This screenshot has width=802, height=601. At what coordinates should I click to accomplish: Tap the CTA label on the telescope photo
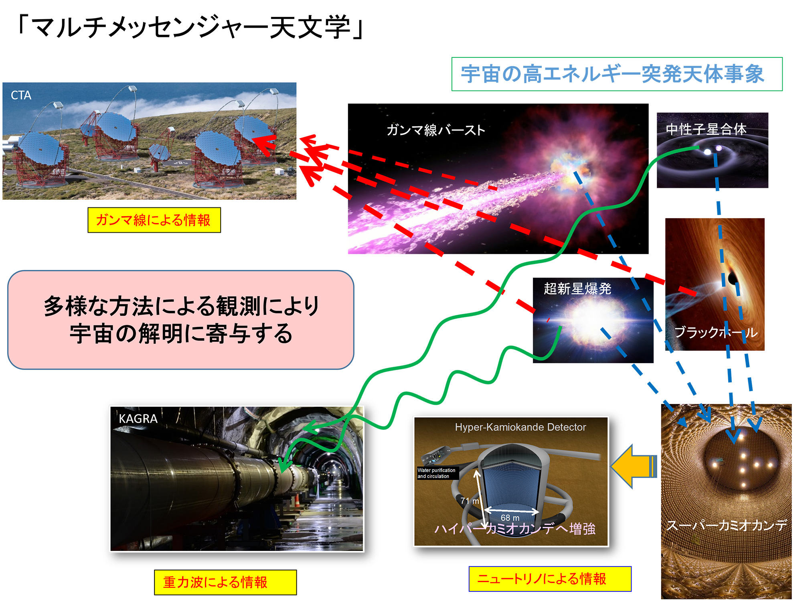pyautogui.click(x=21, y=95)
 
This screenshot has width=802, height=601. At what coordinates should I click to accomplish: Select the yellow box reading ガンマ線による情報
pyautogui.click(x=154, y=220)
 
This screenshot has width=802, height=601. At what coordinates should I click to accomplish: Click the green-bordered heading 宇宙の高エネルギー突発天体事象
pyautogui.click(x=617, y=74)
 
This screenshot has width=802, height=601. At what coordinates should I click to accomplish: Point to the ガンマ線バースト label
pyautogui.click(x=436, y=130)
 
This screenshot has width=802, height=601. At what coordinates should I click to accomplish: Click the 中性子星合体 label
pyautogui.click(x=706, y=129)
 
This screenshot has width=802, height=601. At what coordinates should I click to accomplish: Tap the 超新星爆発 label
pyautogui.click(x=577, y=288)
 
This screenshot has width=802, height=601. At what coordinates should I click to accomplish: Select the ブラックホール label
pyautogui.click(x=716, y=332)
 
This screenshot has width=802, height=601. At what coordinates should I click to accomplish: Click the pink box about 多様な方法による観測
pyautogui.click(x=181, y=320)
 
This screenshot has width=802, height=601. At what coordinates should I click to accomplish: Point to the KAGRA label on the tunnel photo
pyautogui.click(x=138, y=419)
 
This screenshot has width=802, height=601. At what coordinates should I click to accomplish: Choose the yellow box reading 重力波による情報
pyautogui.click(x=225, y=582)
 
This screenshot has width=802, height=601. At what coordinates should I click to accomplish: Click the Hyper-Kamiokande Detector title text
pyautogui.click(x=520, y=427)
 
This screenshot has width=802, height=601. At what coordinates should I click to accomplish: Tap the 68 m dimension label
pyautogui.click(x=510, y=518)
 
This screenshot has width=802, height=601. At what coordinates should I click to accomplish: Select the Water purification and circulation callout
pyautogui.click(x=436, y=473)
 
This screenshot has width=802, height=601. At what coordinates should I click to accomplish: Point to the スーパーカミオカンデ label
pyautogui.click(x=727, y=525)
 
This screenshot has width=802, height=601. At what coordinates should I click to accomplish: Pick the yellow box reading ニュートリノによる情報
pyautogui.click(x=550, y=579)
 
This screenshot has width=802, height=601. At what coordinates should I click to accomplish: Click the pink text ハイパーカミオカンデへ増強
pyautogui.click(x=515, y=528)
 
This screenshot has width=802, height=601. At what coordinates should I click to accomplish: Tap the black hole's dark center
pyautogui.click(x=733, y=277)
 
